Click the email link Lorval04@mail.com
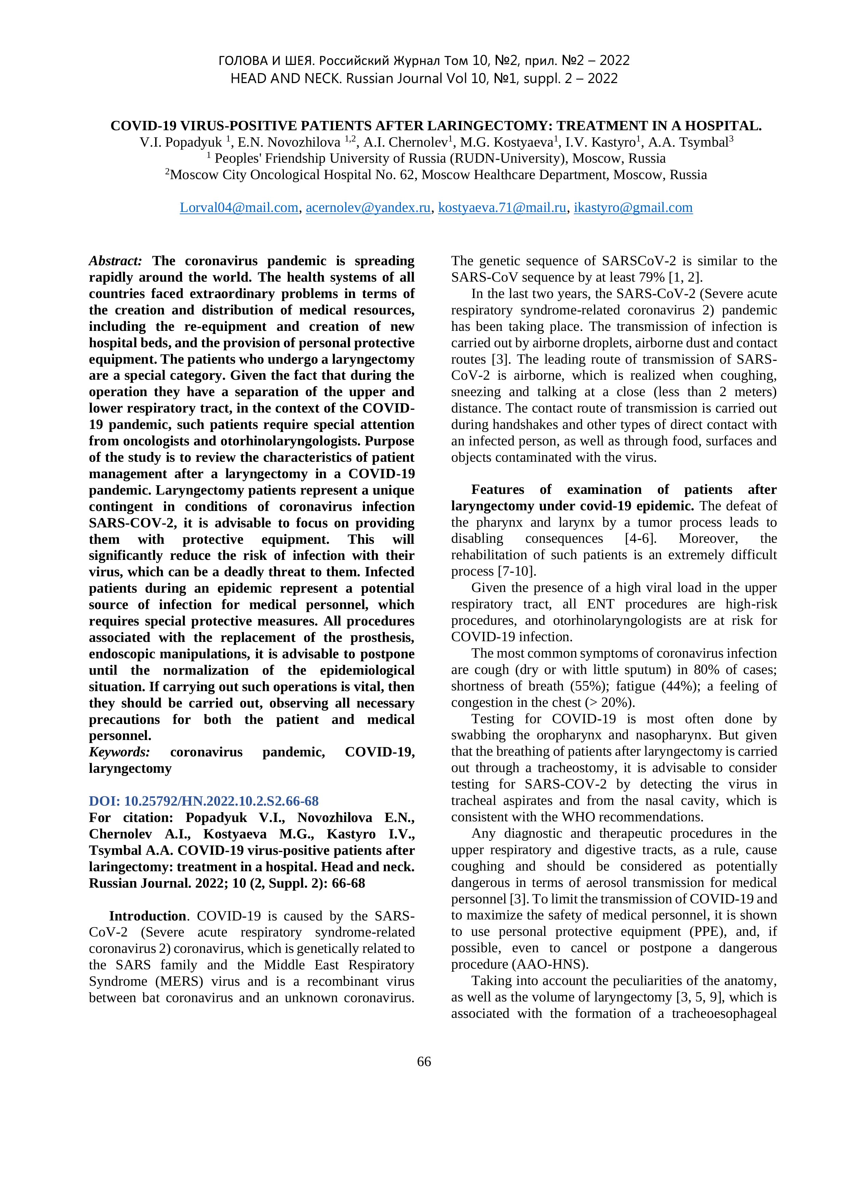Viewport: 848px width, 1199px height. pyautogui.click(x=239, y=208)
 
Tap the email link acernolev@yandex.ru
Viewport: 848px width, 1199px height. pyautogui.click(x=368, y=208)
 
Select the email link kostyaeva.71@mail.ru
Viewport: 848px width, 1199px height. pyautogui.click(x=502, y=208)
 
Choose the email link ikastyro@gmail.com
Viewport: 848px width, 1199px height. pyautogui.click(x=633, y=208)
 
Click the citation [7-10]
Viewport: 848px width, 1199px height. pyautogui.click(x=516, y=571)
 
